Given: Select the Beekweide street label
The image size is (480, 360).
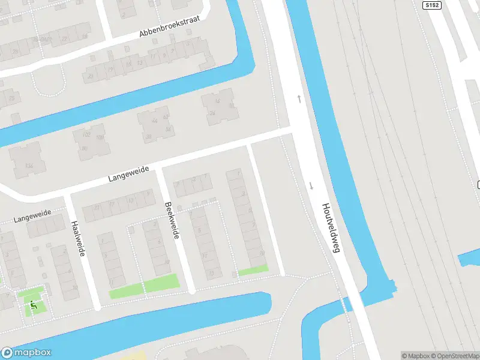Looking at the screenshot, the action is point(172,220).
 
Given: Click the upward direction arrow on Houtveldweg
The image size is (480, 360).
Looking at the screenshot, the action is point(299,98).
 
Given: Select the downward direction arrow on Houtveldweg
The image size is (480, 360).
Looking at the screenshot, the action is point(311,185).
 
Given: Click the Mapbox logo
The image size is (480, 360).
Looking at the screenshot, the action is point(26,353).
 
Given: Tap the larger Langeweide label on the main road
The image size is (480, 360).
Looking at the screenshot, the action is point(128,173).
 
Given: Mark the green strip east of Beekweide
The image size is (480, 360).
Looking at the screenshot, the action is point(253,271).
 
